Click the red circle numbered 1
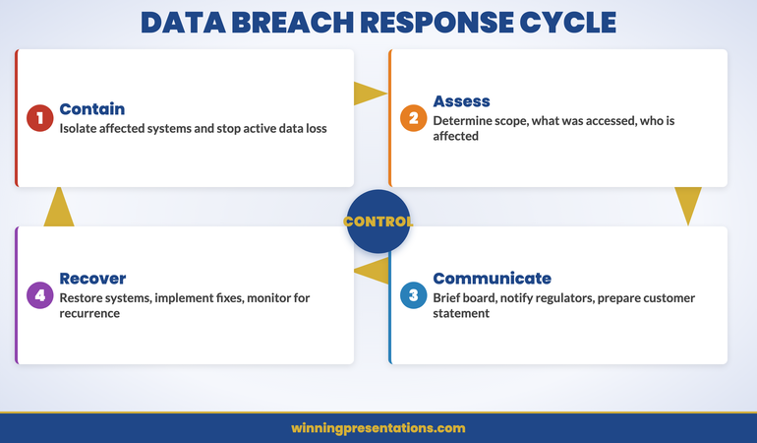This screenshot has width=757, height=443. coord(39,118)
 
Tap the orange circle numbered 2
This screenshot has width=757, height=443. coord(414,118)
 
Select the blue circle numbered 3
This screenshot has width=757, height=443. coord(414,295)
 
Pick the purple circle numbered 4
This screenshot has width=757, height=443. coord(39,295)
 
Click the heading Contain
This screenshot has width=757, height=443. coord(92,109)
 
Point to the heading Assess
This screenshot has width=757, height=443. coord(461,101)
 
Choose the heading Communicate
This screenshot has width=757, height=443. coord(492,279)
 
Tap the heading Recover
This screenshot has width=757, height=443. coord(92,279)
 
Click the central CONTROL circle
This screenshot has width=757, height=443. coord(378,221)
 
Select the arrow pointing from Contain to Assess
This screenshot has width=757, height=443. coord(370,94)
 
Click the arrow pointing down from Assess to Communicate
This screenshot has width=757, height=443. coord(688,205)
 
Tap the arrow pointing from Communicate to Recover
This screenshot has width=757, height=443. coord(372,272)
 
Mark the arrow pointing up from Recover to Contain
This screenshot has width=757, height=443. coord(59,207)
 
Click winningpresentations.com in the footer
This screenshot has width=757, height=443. coord(378,428)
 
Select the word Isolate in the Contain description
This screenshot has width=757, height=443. coord(82,128)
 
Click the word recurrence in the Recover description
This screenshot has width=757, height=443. coord(89,313)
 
